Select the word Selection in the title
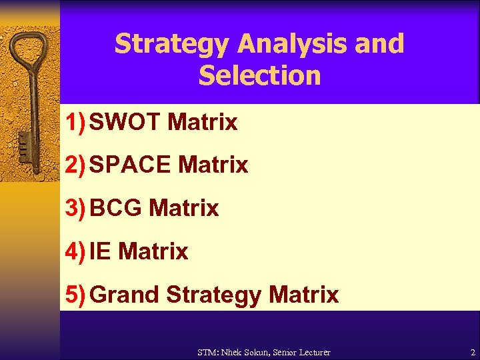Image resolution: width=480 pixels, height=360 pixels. point(259,75)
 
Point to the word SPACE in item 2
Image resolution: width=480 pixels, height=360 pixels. point(130,165)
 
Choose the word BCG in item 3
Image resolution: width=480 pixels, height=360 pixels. point(116,208)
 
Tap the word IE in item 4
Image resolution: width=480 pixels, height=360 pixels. point(101,251)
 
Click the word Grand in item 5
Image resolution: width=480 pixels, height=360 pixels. point(125,294)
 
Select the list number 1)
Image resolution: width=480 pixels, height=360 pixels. point(75,123)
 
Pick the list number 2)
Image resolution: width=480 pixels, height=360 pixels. point(75,165)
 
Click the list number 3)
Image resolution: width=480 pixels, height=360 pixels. point(75,208)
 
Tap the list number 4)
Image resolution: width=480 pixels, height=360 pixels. point(75,251)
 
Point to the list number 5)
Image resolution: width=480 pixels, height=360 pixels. point(75,294)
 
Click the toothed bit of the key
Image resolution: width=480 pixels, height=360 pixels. point(23,143)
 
